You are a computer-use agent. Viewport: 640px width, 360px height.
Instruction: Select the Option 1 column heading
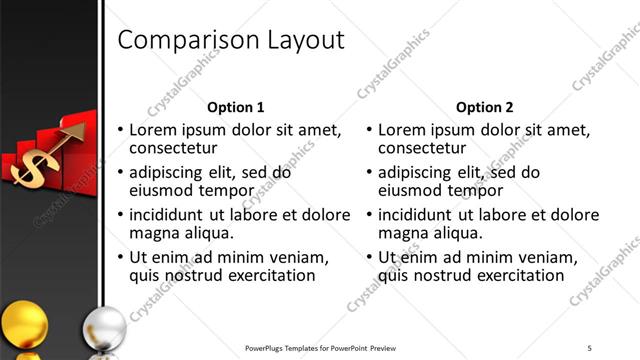click(x=235, y=107)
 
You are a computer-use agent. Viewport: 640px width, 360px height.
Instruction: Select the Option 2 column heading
click(x=484, y=107)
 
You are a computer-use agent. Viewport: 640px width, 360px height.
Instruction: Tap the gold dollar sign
click(x=30, y=162)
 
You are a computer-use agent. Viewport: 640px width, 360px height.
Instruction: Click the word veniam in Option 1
click(x=295, y=257)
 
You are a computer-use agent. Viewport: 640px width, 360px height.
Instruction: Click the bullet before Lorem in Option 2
click(x=371, y=130)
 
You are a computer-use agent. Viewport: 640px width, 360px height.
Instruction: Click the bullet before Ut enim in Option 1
click(x=121, y=257)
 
